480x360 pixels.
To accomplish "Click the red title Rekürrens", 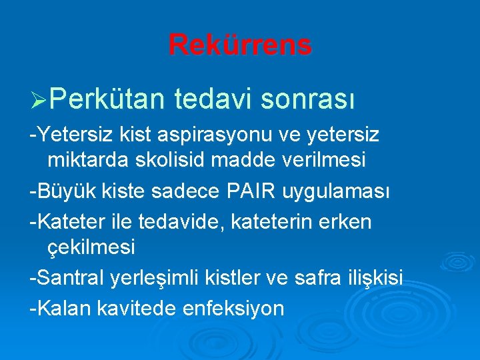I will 239,45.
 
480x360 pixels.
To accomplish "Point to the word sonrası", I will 307,99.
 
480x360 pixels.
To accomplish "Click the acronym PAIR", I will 261,192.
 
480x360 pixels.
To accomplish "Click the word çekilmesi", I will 91,247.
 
